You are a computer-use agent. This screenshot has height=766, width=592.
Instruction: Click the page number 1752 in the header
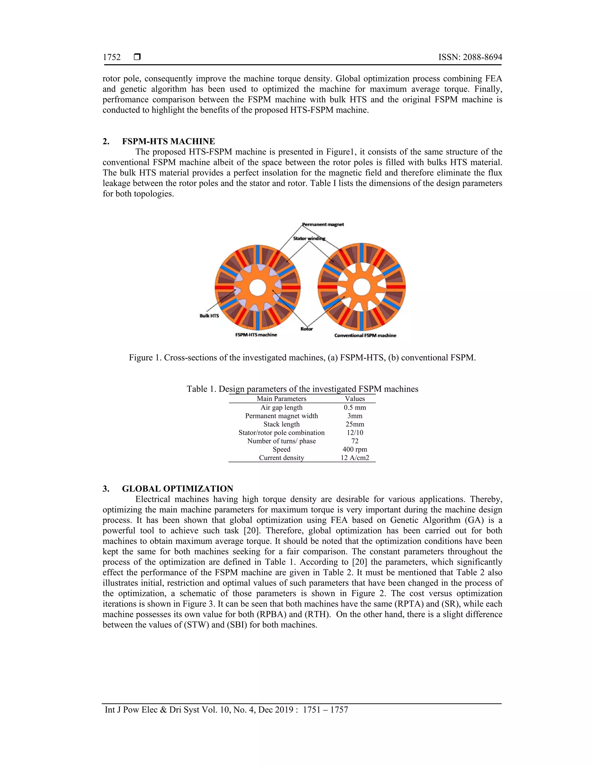pos(112,57)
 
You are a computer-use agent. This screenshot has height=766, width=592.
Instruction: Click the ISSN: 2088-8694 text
pos(470,57)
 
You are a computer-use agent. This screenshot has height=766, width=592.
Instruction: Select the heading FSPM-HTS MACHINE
pos(168,141)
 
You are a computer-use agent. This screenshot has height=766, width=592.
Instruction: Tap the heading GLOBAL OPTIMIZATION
pos(177,489)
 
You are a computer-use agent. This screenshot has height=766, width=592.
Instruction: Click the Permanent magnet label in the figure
pos(323,225)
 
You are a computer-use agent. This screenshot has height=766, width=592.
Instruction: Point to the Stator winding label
pos(309,238)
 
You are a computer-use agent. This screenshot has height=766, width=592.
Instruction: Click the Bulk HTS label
pos(209,316)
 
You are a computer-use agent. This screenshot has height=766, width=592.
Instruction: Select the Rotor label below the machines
pos(306,329)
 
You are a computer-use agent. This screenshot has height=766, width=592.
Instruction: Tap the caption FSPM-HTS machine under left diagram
pos(256,335)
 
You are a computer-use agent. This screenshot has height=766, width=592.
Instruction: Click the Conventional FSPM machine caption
pos(365,336)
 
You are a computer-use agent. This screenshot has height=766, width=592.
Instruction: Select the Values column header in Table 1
pos(355,399)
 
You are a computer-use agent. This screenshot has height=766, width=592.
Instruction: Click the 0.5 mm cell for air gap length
pos(355,408)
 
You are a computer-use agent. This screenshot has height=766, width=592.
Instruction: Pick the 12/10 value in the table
pos(355,433)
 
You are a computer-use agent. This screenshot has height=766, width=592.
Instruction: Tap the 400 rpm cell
pos(355,449)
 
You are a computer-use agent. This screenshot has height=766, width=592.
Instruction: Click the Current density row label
pos(281,458)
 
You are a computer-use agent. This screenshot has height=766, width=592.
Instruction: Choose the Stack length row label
pos(281,424)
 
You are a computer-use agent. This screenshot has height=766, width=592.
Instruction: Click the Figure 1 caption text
pos(302,358)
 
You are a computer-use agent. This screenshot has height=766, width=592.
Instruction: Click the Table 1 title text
pos(302,389)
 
